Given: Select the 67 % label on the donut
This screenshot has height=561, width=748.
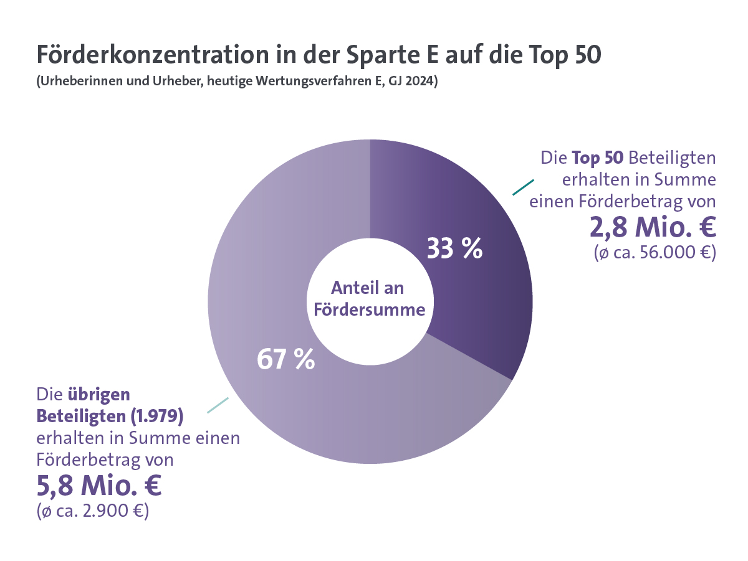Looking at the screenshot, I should point(285,359).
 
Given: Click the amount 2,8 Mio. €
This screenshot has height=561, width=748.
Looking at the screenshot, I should point(653,227).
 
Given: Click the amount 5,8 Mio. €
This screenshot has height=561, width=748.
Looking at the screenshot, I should point(99,486).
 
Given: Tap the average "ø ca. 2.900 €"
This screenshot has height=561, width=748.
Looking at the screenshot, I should point(92,512).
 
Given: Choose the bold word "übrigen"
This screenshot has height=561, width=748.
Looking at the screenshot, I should point(98,394).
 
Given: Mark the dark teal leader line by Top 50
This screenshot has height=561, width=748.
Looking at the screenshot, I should point(523,187).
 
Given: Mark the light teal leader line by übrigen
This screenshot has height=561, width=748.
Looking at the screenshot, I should point(218,405).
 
